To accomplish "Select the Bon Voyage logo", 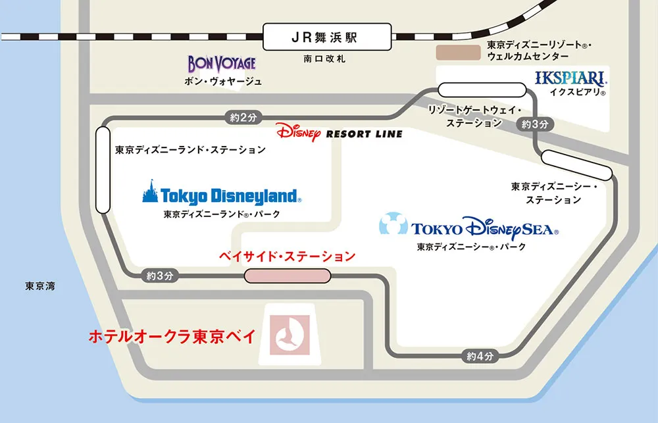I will [221, 64].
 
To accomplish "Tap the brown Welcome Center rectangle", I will [459, 53].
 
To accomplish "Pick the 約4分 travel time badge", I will [480, 357].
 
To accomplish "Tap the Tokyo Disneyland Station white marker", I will [103, 170].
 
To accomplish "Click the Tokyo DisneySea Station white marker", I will [576, 165].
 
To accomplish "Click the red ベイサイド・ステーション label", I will [287, 257].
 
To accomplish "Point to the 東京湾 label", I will [39, 286].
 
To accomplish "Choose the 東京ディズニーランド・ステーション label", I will [190, 150].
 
